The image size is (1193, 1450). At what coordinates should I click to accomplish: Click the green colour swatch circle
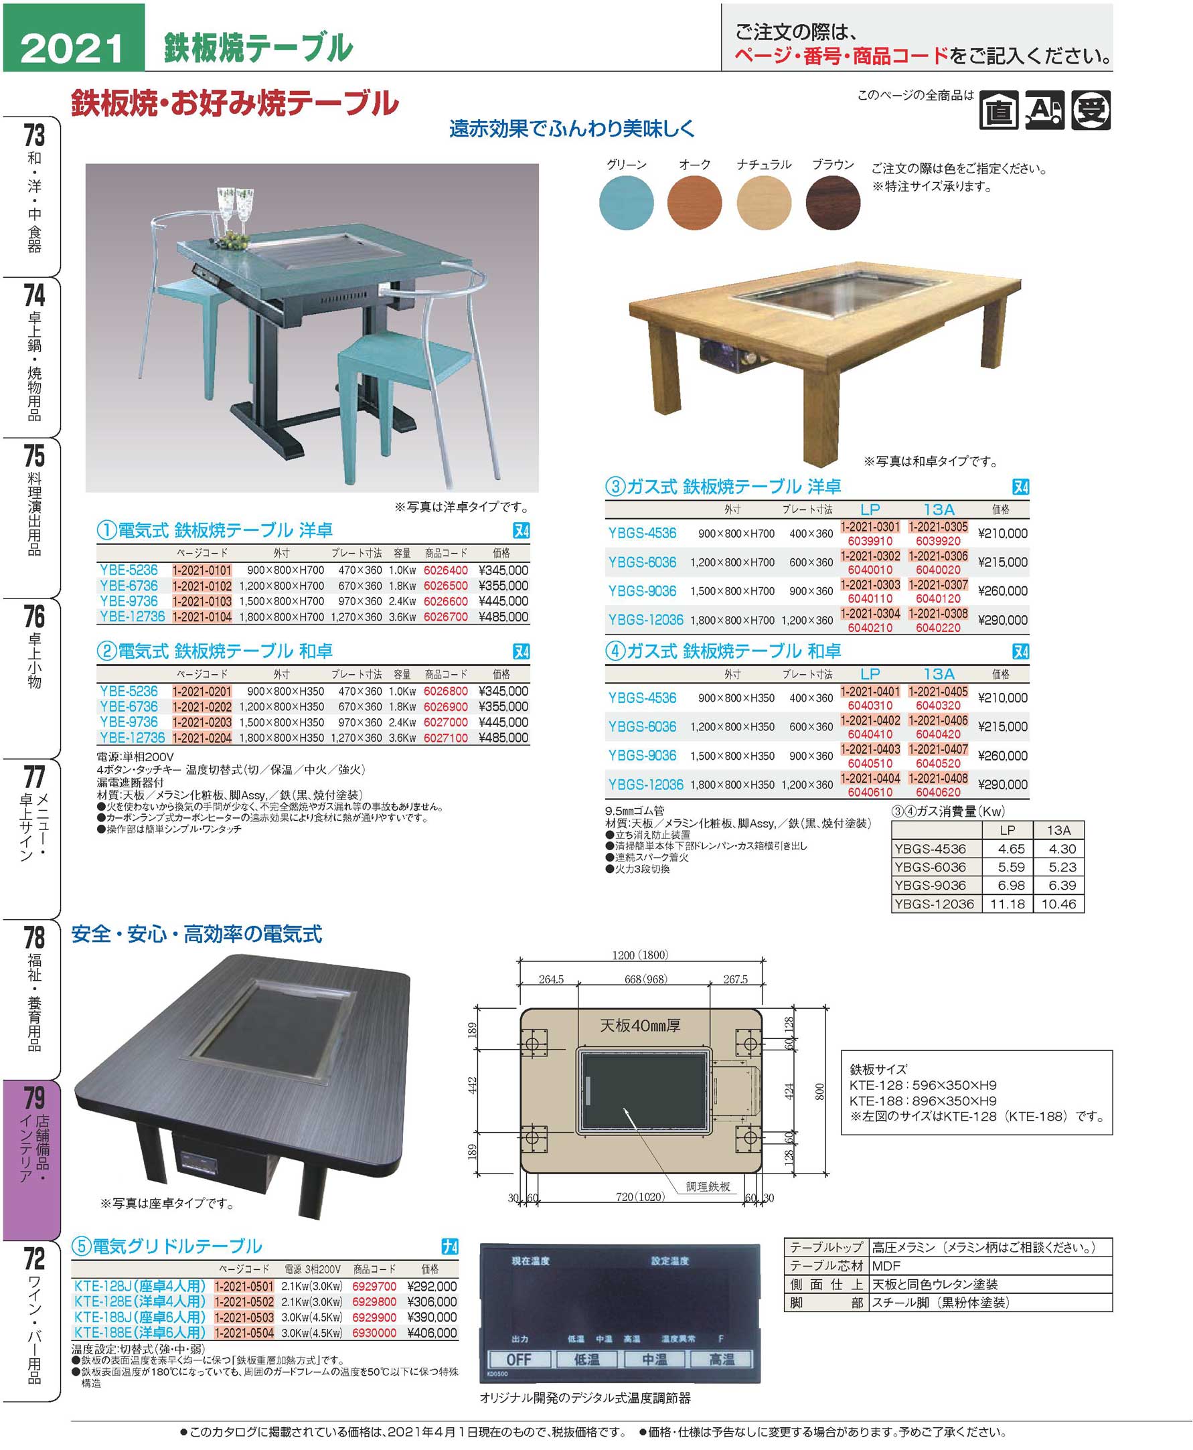(x=626, y=203)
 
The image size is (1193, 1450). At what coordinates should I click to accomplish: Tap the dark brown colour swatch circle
(x=832, y=203)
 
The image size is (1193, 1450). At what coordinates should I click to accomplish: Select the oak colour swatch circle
(x=694, y=203)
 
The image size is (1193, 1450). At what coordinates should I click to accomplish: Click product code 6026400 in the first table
(x=445, y=570)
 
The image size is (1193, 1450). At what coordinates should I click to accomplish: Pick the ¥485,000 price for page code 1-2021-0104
(x=503, y=617)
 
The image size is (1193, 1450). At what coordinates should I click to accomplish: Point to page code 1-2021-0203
(x=202, y=722)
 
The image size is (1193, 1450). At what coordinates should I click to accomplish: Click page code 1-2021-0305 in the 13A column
(x=938, y=527)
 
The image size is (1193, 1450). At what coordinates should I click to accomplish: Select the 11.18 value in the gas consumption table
(x=1007, y=904)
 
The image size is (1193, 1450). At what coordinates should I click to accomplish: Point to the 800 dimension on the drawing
(x=819, y=1093)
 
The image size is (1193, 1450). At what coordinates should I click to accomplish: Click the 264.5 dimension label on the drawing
(x=551, y=979)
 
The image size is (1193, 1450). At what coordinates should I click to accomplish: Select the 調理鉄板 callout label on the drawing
(x=708, y=1187)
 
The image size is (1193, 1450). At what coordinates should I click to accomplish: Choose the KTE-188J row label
(x=139, y=1317)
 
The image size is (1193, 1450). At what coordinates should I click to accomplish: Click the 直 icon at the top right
(x=999, y=110)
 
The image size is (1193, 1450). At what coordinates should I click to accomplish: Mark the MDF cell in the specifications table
(x=886, y=1266)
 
